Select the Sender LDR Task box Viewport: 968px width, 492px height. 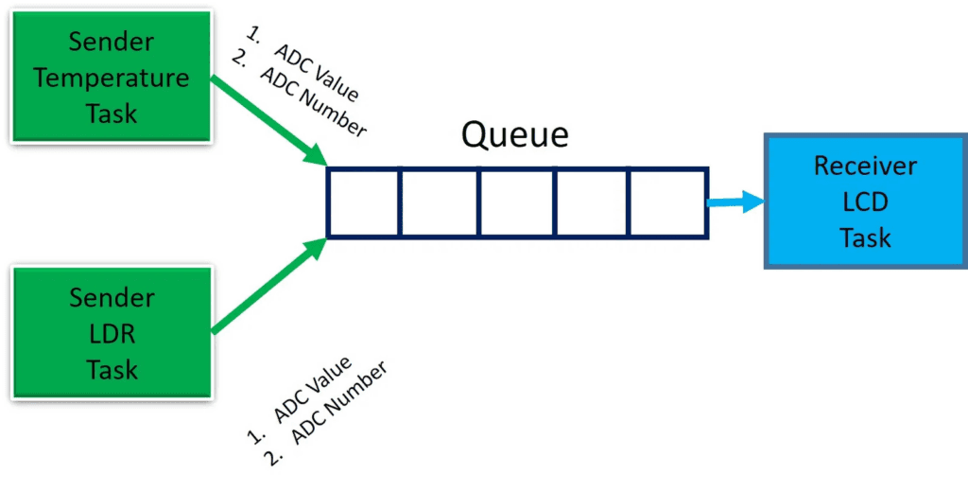[112, 332]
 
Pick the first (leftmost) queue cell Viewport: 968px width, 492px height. [364, 202]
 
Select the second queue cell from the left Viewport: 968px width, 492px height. [440, 202]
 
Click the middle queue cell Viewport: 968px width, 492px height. [516, 202]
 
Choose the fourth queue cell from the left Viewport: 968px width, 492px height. [592, 202]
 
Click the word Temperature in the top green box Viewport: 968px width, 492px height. [112, 79]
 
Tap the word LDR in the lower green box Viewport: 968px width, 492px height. [112, 332]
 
